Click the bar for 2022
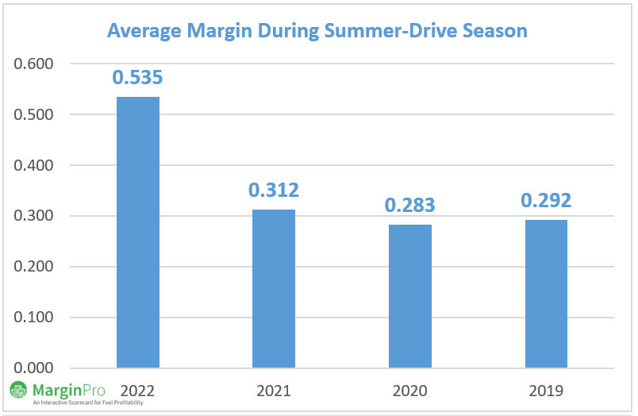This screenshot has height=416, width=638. [x=138, y=233]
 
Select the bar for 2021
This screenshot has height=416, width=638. [x=274, y=289]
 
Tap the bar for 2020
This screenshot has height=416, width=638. [x=409, y=296]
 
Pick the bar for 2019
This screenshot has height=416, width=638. [x=545, y=294]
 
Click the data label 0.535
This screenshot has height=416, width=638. [x=137, y=78]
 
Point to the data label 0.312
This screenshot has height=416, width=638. [x=274, y=191]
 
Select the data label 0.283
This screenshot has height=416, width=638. [x=409, y=206]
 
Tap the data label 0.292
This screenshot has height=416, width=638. [x=546, y=201]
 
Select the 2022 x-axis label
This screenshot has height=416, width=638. [x=137, y=391]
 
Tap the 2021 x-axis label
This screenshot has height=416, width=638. [x=274, y=391]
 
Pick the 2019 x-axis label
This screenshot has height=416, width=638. [x=545, y=391]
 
